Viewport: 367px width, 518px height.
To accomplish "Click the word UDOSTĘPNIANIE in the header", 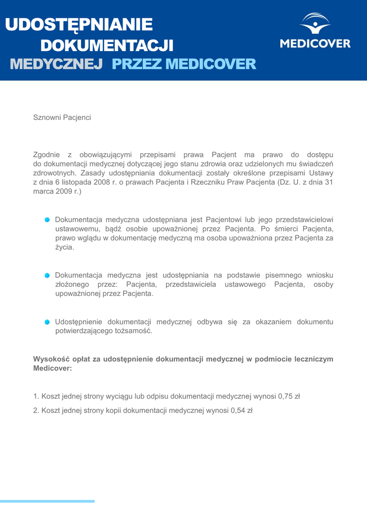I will tap(79, 24).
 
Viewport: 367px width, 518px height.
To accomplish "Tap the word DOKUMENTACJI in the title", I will tap(106, 46).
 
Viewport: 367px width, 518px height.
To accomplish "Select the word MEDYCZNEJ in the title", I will tap(57, 64).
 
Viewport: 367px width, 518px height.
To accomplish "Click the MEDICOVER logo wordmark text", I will tap(315, 44).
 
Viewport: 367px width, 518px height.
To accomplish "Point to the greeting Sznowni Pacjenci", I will tap(62, 117).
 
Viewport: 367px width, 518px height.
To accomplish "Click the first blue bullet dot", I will tap(47, 220).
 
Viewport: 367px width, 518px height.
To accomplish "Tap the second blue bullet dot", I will tap(47, 275).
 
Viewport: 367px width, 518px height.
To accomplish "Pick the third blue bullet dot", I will tap(47, 322).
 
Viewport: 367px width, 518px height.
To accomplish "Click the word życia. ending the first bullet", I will tap(64, 248).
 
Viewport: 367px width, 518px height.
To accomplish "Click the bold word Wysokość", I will tap(51, 359).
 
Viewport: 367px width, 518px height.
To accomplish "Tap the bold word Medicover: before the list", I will tap(53, 369).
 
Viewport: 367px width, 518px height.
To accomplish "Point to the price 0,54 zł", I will tap(241, 411).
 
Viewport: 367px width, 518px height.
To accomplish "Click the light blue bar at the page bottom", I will tap(47, 501).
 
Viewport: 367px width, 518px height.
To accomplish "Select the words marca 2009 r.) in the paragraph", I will tap(57, 192).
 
